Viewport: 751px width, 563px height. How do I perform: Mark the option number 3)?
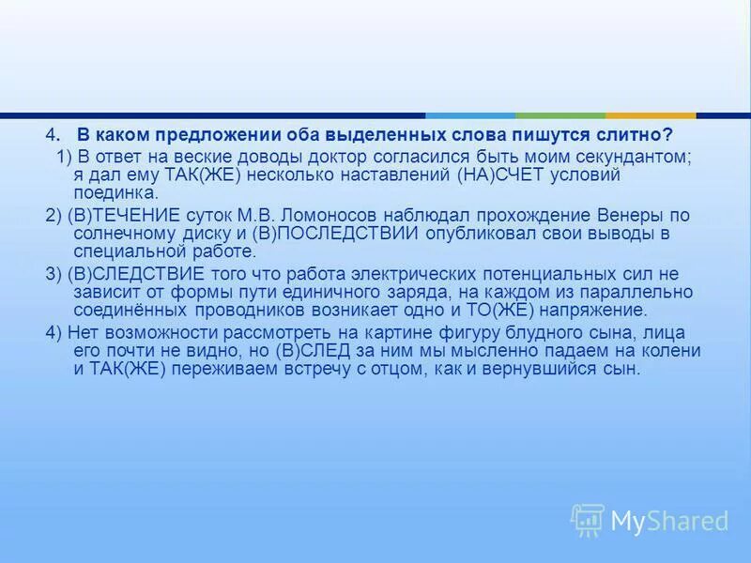[x=53, y=273]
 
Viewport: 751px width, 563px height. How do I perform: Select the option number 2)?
[x=53, y=214]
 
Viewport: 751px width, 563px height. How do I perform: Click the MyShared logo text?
[x=668, y=520]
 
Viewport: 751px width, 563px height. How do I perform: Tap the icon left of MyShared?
[x=587, y=519]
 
